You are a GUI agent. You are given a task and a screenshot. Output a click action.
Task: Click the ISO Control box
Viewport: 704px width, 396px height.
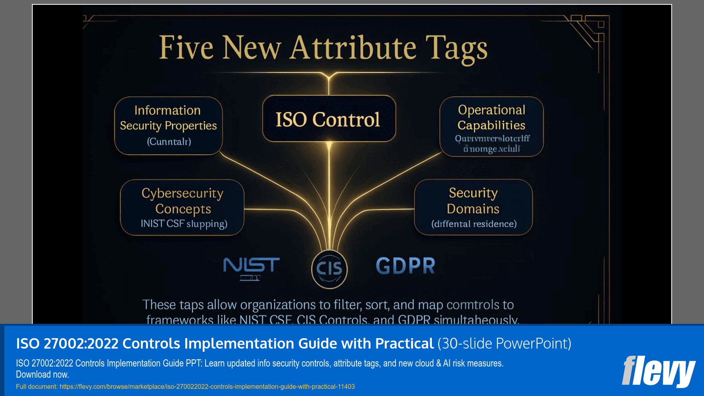tap(329, 119)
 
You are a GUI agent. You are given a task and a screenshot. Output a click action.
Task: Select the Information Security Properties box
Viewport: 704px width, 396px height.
tap(168, 125)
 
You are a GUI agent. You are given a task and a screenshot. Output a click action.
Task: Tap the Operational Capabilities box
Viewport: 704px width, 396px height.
tap(491, 126)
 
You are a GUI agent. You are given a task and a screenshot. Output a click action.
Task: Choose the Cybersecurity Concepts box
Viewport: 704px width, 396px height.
tap(182, 207)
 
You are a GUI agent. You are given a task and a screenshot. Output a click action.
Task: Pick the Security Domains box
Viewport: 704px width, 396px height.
tap(473, 207)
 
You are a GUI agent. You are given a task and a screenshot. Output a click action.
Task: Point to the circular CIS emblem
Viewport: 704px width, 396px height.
tap(329, 269)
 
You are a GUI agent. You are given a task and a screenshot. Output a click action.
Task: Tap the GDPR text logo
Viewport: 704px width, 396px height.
tap(405, 266)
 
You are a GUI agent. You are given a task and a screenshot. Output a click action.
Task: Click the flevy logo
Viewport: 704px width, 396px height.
tap(658, 371)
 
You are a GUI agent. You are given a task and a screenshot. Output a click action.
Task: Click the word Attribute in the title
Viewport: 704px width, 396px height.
tap(354, 48)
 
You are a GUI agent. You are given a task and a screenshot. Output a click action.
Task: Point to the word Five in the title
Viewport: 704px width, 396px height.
tap(186, 48)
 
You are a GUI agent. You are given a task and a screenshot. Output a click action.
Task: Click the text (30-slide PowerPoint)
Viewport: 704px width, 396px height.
tap(504, 343)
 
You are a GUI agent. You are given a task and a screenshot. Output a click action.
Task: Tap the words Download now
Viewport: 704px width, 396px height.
tap(42, 374)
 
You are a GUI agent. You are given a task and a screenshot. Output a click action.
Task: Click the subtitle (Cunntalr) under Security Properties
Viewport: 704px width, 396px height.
tap(169, 142)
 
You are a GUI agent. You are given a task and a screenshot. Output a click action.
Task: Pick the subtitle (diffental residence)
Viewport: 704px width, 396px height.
tap(474, 224)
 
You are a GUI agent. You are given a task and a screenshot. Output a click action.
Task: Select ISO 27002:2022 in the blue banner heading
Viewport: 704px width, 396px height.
tap(67, 343)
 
